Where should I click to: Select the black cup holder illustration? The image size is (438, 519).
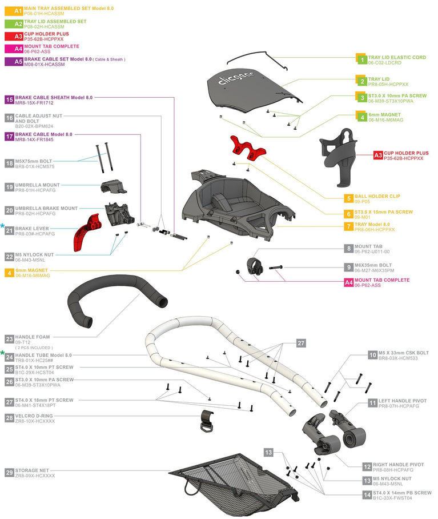click(x=338, y=154)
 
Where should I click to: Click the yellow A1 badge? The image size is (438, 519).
click(x=18, y=11)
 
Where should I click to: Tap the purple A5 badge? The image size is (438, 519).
click(x=18, y=62)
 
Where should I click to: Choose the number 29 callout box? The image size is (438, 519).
click(x=9, y=473)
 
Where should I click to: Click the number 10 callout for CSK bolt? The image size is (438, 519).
click(x=372, y=355)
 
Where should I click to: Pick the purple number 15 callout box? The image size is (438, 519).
click(x=9, y=99)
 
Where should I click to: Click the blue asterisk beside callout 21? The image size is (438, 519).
click(x=3, y=227)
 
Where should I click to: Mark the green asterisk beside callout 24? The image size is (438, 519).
click(x=3, y=353)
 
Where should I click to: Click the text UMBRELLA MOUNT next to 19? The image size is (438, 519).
click(x=37, y=185)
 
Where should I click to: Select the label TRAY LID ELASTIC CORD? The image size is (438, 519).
click(x=397, y=57)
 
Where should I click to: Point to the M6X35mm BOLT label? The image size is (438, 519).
click(x=373, y=265)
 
